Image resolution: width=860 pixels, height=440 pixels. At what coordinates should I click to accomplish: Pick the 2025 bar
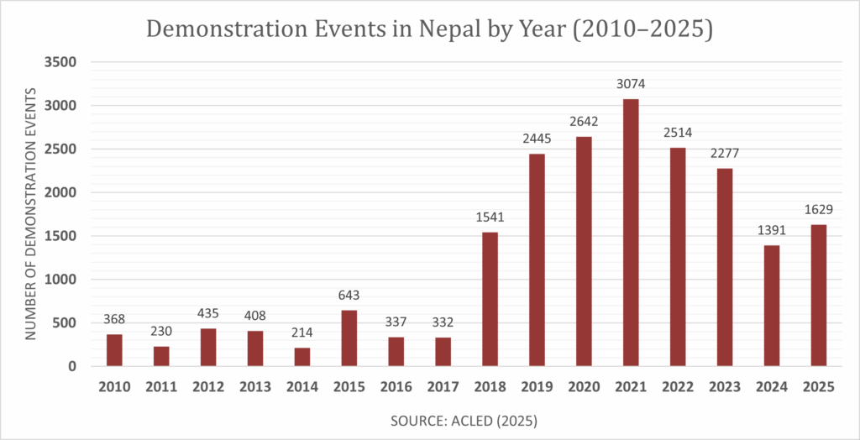(x=819, y=295)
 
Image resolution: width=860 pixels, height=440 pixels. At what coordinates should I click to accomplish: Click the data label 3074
(x=631, y=84)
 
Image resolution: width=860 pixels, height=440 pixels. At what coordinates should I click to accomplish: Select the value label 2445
(x=537, y=139)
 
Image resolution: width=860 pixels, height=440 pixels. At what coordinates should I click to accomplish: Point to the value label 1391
(x=772, y=230)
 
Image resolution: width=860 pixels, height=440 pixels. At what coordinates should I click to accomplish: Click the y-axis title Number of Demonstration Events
(x=31, y=213)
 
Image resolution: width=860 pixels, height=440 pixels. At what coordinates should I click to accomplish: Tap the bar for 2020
(x=584, y=251)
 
